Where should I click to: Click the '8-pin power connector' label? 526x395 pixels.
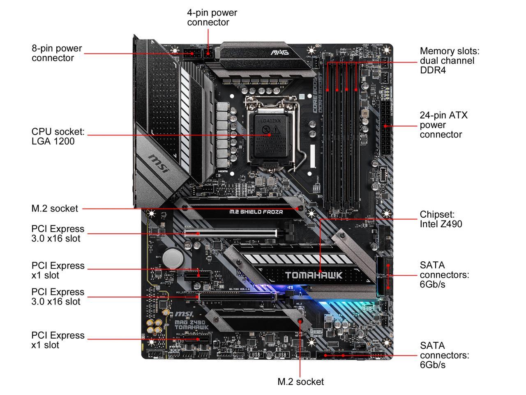(x=57, y=53)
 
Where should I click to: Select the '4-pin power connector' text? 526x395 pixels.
(x=212, y=17)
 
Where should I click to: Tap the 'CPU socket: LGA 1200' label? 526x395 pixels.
(x=58, y=136)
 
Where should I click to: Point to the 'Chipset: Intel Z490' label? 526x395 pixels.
(x=441, y=219)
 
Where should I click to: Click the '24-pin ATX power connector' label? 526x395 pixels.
(x=443, y=125)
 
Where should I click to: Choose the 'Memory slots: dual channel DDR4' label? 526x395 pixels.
(x=450, y=60)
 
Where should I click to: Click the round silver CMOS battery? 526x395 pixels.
(x=173, y=258)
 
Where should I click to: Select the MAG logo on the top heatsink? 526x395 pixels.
(x=280, y=53)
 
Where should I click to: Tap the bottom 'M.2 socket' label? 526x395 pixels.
(x=300, y=381)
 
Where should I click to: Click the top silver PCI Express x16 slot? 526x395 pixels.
(x=230, y=233)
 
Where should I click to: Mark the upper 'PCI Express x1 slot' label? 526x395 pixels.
(x=58, y=270)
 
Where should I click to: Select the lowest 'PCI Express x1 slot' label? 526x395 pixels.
(x=58, y=340)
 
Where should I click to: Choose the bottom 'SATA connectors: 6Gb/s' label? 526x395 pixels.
(x=444, y=355)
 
